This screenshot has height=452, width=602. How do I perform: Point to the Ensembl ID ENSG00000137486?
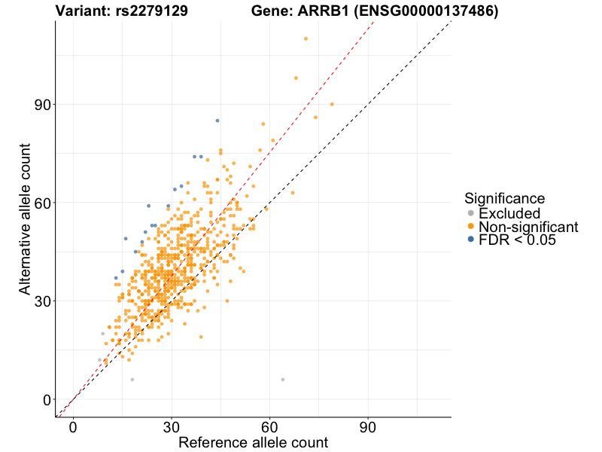coord(427,11)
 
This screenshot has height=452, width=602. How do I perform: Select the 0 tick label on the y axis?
coord(46,399)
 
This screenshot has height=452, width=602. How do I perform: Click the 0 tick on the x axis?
coord(73,427)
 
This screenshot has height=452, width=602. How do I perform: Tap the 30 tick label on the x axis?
coord(172,427)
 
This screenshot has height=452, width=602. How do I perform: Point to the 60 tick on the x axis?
coord(269,427)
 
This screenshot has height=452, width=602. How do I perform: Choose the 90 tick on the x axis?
coord(368,427)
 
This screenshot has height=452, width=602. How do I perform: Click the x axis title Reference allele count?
coord(253,443)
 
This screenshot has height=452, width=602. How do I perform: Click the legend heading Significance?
coord(505,199)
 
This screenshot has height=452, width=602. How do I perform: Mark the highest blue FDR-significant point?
coord(217,121)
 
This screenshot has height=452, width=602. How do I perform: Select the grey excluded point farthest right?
coord(283,380)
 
